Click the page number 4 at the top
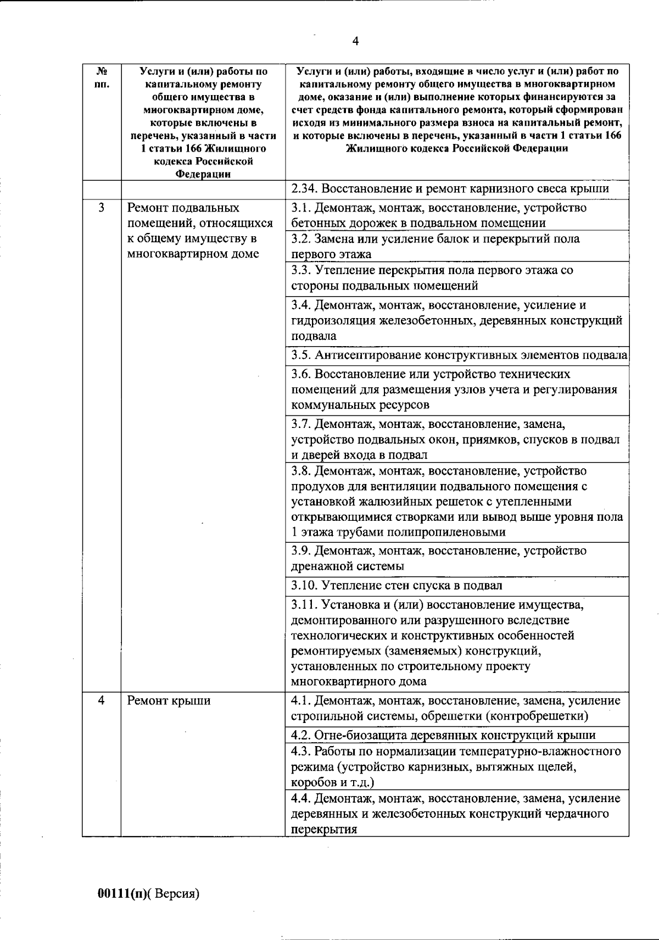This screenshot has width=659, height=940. (x=355, y=42)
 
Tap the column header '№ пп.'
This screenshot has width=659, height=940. (x=102, y=77)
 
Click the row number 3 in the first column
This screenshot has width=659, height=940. (x=101, y=208)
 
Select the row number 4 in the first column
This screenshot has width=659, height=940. (x=101, y=701)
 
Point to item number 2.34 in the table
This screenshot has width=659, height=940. (x=304, y=189)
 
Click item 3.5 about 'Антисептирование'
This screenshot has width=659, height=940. (x=459, y=355)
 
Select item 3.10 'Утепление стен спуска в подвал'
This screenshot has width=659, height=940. (x=396, y=586)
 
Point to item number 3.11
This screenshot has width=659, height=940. (x=304, y=605)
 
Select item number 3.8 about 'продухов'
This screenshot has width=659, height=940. (x=301, y=471)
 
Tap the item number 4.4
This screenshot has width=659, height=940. (x=301, y=798)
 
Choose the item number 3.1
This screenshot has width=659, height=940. (x=301, y=208)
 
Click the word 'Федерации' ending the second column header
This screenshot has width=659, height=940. (x=202, y=174)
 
